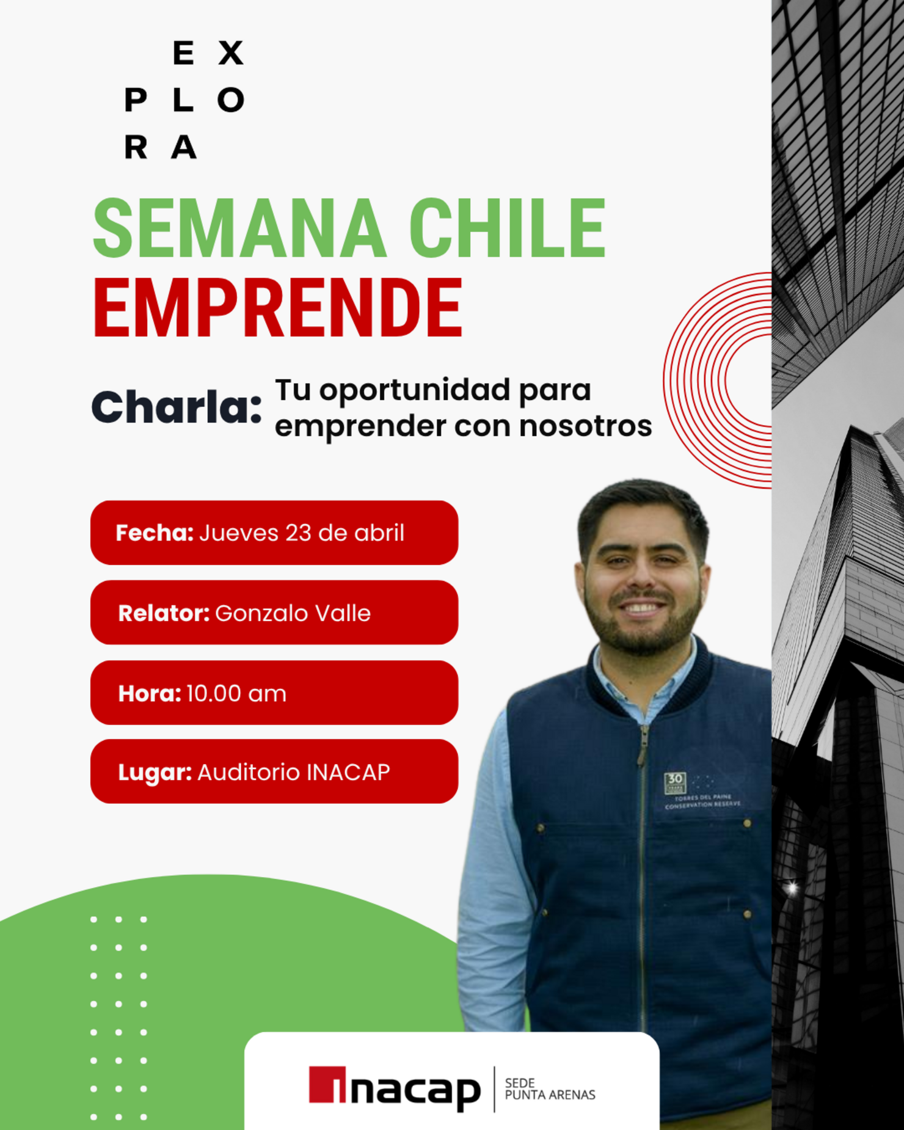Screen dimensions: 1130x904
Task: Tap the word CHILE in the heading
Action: click(x=507, y=228)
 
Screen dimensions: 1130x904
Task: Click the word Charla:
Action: click(x=177, y=407)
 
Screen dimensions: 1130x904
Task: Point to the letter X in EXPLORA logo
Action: click(x=231, y=53)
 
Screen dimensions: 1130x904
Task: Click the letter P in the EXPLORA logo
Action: click(x=136, y=100)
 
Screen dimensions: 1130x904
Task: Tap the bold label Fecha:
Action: click(x=155, y=533)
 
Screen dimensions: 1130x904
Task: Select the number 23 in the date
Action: click(x=298, y=533)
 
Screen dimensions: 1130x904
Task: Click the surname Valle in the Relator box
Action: click(x=343, y=613)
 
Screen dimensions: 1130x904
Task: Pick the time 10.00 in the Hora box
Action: click(x=214, y=694)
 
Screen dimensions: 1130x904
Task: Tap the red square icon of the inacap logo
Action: click(x=327, y=1085)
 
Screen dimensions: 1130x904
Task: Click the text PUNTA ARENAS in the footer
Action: click(x=550, y=1095)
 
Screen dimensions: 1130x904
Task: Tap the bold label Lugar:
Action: click(x=155, y=773)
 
